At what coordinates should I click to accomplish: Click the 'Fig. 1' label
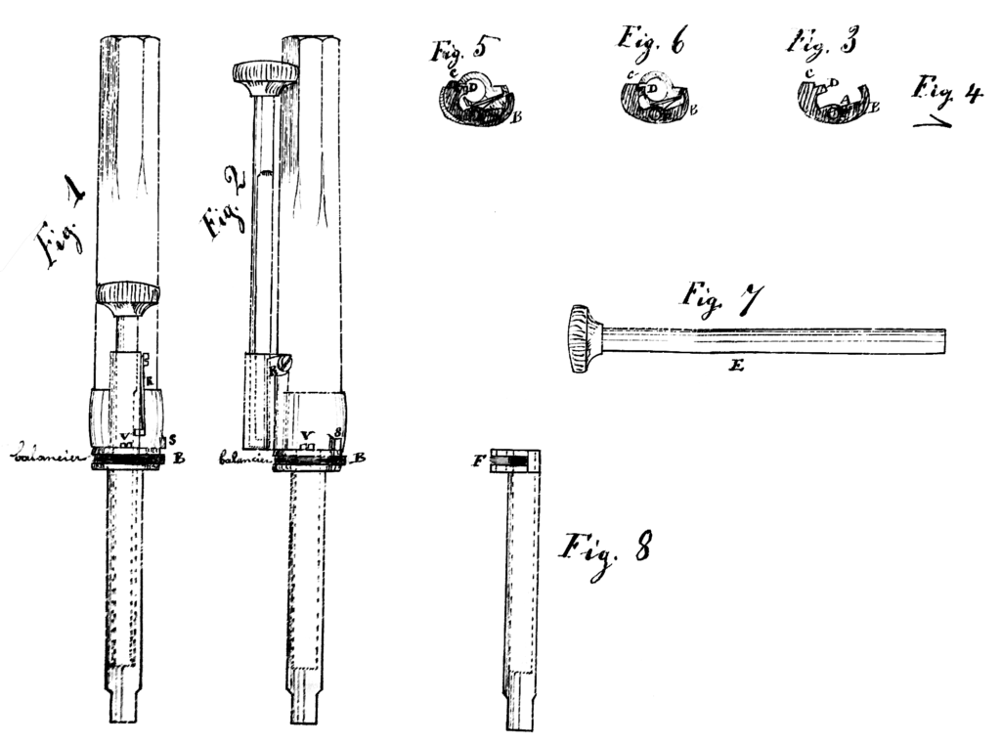point(62,229)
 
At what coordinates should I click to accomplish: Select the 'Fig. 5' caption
point(463,49)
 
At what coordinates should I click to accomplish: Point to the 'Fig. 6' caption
point(650,40)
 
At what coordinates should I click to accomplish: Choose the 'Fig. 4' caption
point(946,90)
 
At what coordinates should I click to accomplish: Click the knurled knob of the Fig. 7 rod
point(584,339)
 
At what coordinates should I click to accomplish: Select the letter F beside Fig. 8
point(478,460)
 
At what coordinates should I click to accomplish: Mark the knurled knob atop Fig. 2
point(265,75)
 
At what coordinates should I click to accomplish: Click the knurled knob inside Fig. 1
point(127,296)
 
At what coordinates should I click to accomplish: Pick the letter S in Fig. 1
point(172,439)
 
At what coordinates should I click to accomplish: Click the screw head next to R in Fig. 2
point(283,364)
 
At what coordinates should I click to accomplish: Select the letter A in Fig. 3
point(843,99)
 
